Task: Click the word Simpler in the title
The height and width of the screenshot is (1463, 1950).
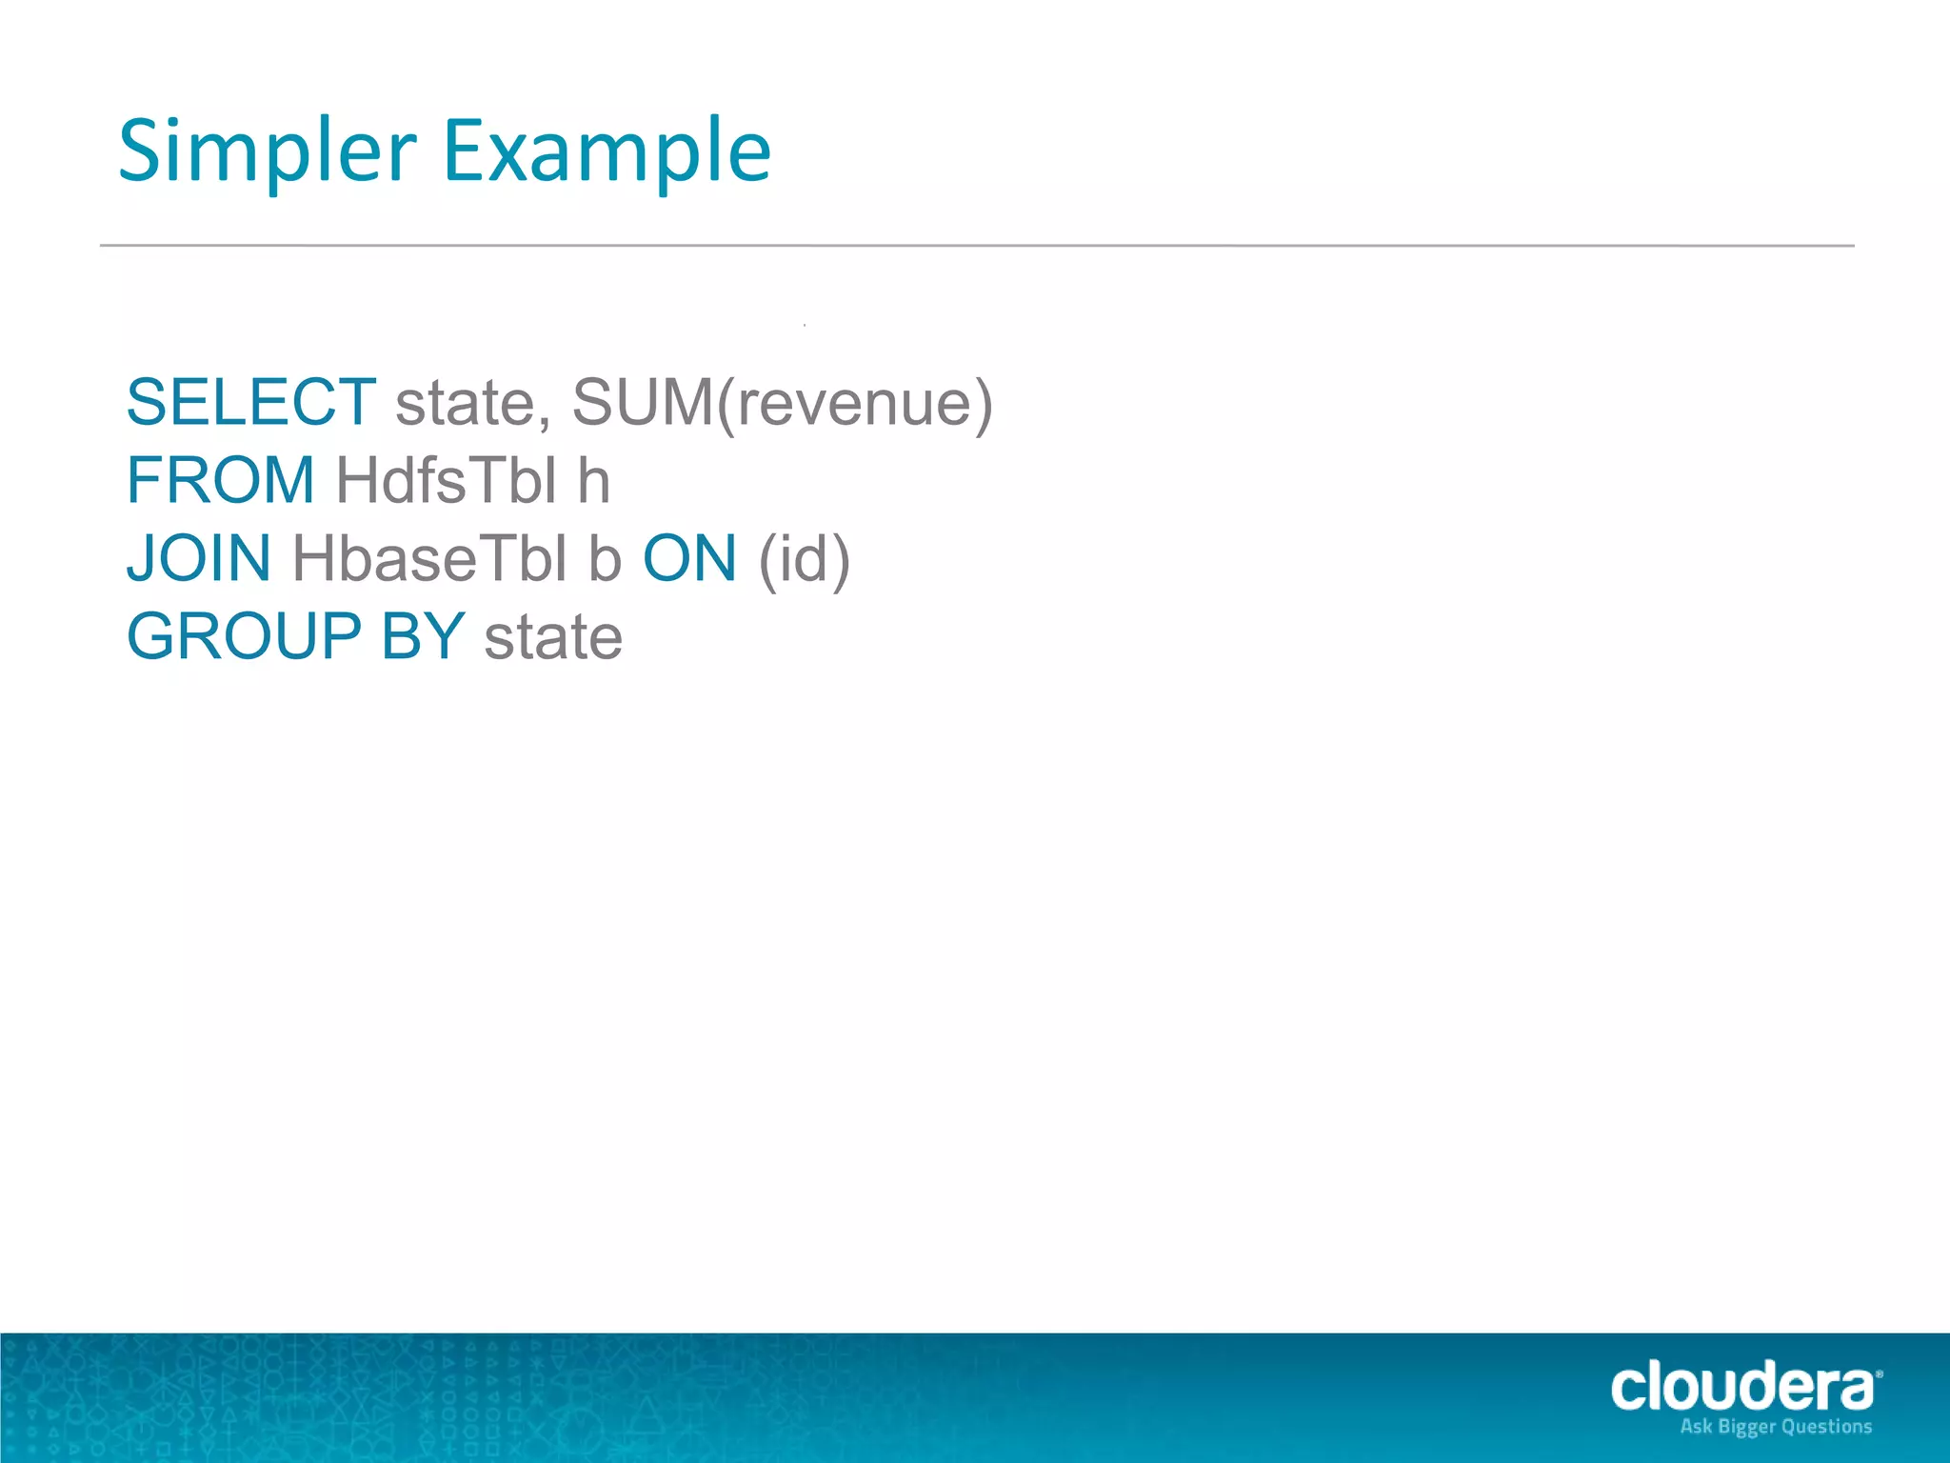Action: (268, 152)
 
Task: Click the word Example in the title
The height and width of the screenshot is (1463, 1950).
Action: (607, 152)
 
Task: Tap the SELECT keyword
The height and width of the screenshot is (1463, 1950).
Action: (251, 402)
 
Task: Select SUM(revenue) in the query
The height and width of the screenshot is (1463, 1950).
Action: (782, 404)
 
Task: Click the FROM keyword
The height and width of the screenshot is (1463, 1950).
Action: (221, 480)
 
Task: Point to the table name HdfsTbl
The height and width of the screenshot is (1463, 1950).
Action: (446, 480)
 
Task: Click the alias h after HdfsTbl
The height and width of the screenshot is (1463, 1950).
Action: (593, 480)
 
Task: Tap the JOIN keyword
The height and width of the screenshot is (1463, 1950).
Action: (199, 558)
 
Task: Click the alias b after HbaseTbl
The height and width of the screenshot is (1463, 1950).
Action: (605, 559)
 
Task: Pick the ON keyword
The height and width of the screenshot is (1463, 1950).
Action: (689, 558)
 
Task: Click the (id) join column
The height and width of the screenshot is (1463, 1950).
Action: (804, 560)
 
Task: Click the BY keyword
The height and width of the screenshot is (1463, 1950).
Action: (423, 636)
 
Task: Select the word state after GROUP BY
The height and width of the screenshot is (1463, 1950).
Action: (553, 638)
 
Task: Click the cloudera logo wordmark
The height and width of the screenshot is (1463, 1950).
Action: (1741, 1387)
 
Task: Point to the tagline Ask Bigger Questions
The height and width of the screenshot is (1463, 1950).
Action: (1776, 1427)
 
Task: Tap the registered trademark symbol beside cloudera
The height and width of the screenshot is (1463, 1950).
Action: (1878, 1374)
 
